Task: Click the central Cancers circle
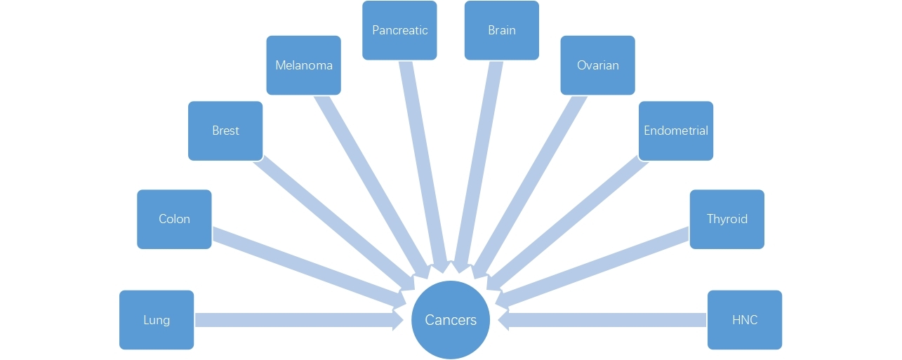coord(451,320)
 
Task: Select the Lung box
coord(157,320)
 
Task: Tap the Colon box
coord(174,219)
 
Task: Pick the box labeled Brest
coord(225,131)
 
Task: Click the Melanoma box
coord(303,65)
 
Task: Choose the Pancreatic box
coord(399,30)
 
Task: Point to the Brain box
coord(501,30)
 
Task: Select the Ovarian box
coord(597,65)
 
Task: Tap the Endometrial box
coord(675,131)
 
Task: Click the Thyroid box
coord(727,219)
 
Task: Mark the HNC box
coord(744,320)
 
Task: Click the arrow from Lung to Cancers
coord(295,320)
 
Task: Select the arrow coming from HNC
coord(604,320)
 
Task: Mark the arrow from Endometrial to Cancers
coord(569,221)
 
